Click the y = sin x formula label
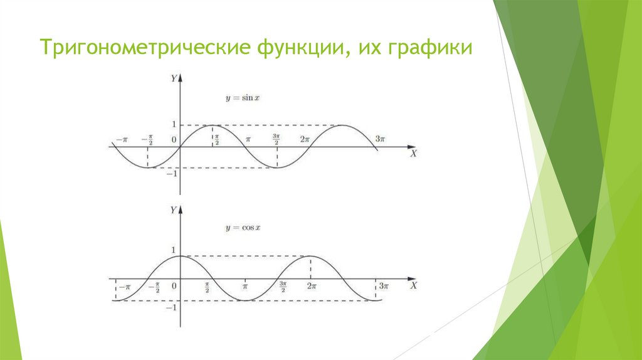click(242, 98)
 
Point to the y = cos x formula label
click(242, 226)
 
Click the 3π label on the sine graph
click(380, 139)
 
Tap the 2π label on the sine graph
click(305, 139)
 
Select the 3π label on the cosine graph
click(384, 286)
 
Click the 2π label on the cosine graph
click(312, 286)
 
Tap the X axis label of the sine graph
click(413, 153)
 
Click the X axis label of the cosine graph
click(413, 285)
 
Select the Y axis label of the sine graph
click(173, 78)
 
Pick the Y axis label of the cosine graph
click(173, 211)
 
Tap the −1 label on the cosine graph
click(171, 308)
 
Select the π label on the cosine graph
click(246, 287)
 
